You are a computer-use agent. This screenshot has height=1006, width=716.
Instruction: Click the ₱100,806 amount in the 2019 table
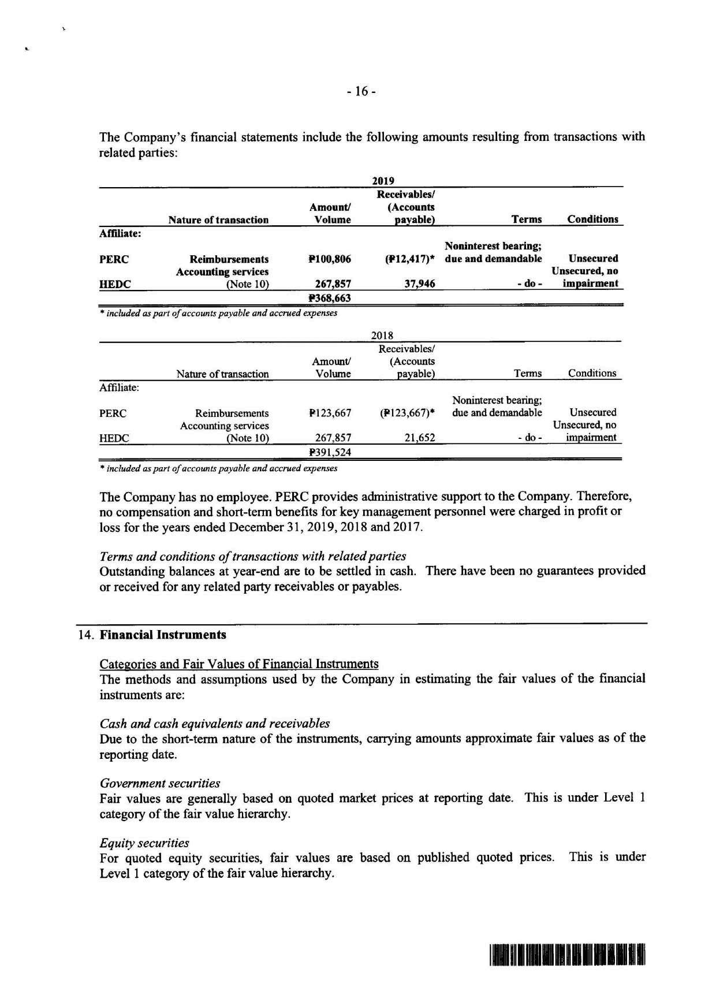point(330,259)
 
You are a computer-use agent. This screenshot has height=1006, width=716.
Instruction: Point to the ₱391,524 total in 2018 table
point(330,452)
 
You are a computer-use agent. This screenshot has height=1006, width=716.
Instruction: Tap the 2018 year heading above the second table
point(382,336)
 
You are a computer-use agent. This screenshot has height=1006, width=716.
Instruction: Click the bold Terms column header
point(527,219)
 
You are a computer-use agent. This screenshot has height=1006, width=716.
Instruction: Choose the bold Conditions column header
point(592,219)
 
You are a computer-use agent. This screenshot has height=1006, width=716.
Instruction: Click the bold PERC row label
point(114,259)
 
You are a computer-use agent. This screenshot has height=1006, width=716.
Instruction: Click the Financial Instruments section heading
point(163,635)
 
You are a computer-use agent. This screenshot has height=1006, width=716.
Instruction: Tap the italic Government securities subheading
point(160,784)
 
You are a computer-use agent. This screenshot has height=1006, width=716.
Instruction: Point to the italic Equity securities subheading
point(144,843)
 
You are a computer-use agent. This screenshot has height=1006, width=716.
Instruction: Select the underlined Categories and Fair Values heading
point(239,664)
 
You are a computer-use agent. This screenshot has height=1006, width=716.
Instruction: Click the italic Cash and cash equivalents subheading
point(215,724)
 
